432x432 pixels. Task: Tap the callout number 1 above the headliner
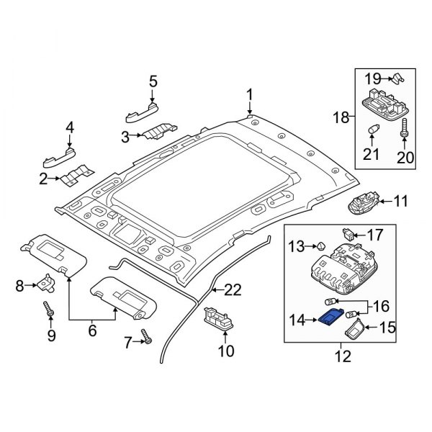(x=250, y=94)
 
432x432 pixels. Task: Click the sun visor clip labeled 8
(x=49, y=284)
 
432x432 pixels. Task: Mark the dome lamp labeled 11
(x=364, y=204)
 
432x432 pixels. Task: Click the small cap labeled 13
(x=320, y=247)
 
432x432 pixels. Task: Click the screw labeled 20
(x=403, y=132)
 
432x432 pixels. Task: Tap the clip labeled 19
(x=399, y=75)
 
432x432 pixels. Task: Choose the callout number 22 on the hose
(x=230, y=291)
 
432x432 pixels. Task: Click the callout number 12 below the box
(x=340, y=354)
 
